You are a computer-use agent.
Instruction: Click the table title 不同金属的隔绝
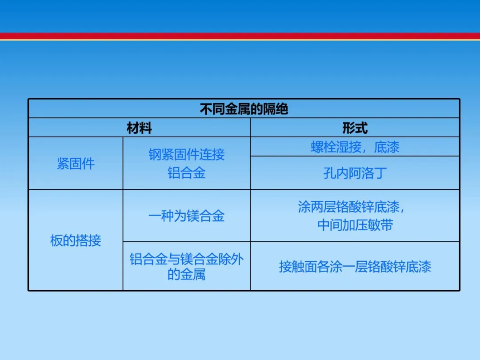(x=244, y=109)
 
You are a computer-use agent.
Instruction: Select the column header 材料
(x=139, y=128)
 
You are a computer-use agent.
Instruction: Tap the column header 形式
(x=355, y=128)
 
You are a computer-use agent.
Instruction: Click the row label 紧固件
(x=76, y=164)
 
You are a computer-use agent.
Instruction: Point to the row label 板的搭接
(x=76, y=240)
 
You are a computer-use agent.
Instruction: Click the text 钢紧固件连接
(x=187, y=154)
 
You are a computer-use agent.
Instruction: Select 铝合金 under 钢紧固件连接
(x=187, y=173)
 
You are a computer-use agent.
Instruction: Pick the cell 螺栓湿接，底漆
(x=355, y=147)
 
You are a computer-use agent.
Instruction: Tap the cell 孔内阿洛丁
(x=355, y=173)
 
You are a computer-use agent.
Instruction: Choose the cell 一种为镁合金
(x=186, y=216)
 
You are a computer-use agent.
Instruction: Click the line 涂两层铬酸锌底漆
(x=349, y=207)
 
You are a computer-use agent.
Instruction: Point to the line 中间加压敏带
(x=355, y=225)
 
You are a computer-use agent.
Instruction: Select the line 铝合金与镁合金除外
(x=187, y=259)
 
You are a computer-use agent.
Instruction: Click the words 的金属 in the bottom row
(x=187, y=274)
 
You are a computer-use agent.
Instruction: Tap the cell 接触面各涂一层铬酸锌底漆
(x=355, y=267)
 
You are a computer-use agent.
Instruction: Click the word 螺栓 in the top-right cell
(x=323, y=147)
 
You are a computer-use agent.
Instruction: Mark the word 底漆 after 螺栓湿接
(x=387, y=147)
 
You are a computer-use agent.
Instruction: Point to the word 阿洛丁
(x=368, y=173)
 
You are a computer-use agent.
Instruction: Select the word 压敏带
(x=374, y=225)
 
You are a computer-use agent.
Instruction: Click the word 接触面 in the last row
(x=298, y=267)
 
